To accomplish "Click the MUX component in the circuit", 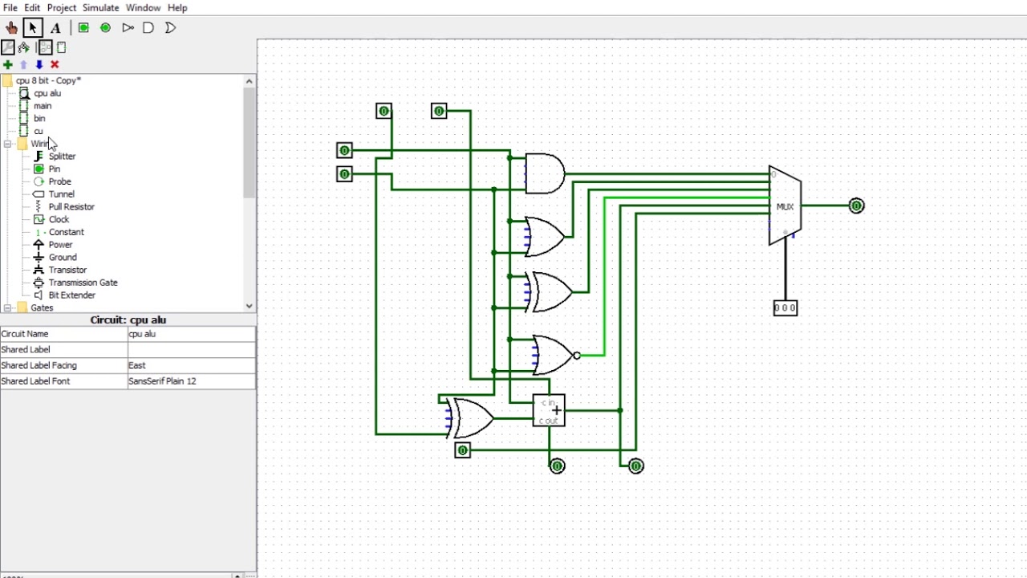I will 784,206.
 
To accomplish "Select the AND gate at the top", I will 544,173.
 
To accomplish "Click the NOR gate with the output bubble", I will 553,355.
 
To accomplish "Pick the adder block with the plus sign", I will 549,410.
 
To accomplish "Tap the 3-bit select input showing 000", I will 785,307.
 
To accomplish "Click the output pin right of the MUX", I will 856,206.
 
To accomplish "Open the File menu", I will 10,8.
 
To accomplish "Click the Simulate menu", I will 100,8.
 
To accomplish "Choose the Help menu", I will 177,8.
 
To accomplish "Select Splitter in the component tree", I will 62,157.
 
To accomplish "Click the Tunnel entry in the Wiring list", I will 61,194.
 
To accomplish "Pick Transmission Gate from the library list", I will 83,283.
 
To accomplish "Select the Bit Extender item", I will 71,295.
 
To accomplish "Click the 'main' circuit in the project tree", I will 43,106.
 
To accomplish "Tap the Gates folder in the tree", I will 42,307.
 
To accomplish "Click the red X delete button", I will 55,64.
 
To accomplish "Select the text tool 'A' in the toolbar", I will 55,28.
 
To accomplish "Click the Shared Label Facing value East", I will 191,365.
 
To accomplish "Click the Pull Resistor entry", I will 71,207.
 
